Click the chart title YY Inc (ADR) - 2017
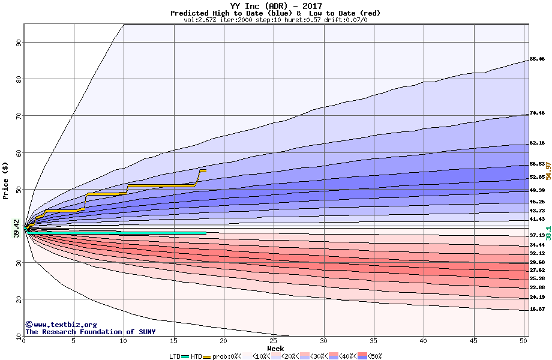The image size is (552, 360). pos(275,7)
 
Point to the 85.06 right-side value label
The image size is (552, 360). pos(537,59)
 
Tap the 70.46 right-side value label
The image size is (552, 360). pos(537,113)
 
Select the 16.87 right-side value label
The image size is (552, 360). pos(537,309)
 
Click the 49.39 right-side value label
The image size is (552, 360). pos(537,190)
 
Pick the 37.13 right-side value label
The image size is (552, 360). pos(537,236)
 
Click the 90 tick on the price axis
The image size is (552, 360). pos(19,43)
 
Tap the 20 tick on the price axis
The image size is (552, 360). pos(19,299)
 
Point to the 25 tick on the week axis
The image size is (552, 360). pos(274,341)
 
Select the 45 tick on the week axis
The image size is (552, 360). pos(474,341)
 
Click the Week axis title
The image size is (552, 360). pos(275,348)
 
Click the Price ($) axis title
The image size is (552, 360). pos(6,181)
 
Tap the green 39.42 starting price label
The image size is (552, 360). pos(16,228)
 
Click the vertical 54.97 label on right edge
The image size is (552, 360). pos(548,174)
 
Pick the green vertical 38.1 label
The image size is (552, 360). pos(548,232)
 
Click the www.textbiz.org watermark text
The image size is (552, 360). pos(61,325)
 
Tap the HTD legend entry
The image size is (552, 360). pos(196,356)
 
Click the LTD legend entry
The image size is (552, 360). pos(175,356)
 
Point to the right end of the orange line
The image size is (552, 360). pos(206,171)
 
